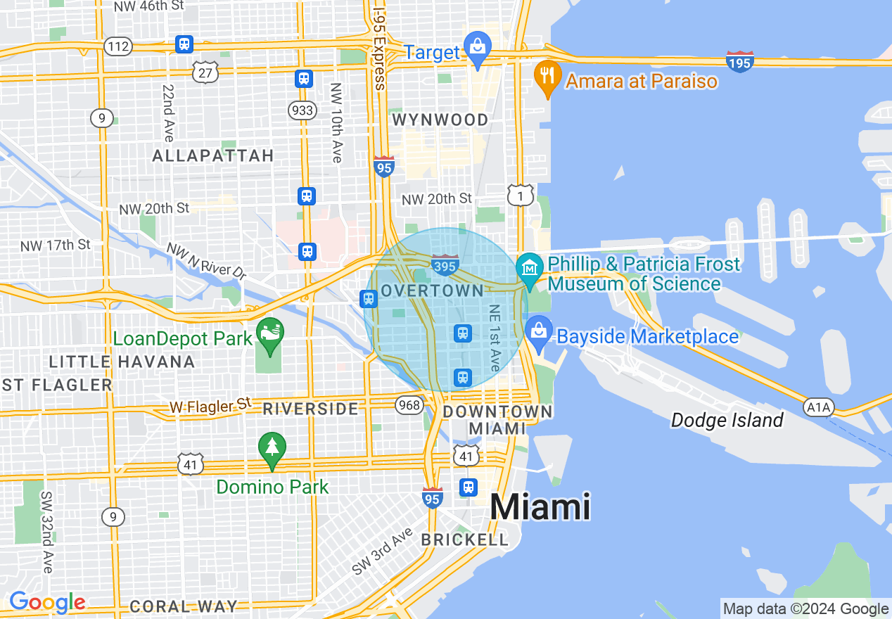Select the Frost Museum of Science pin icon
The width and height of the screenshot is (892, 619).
click(x=528, y=268)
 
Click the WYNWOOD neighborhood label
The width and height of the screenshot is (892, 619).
click(x=440, y=120)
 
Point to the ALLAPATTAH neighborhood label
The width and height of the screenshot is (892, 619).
click(x=213, y=155)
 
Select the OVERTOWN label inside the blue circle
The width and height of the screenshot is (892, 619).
click(x=432, y=291)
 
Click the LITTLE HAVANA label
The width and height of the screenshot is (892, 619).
click(x=122, y=362)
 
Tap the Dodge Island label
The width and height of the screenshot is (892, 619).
click(x=727, y=421)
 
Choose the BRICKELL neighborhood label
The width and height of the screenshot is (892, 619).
click(x=464, y=540)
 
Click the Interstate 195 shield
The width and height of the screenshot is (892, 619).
click(x=740, y=61)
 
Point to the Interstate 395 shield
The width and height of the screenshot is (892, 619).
click(x=445, y=265)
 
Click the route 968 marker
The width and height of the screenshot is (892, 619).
click(x=409, y=404)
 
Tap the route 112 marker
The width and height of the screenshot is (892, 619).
click(x=117, y=46)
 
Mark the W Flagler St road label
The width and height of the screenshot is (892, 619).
click(x=210, y=405)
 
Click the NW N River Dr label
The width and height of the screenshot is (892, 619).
click(x=205, y=260)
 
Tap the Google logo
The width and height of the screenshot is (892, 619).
click(x=47, y=603)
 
